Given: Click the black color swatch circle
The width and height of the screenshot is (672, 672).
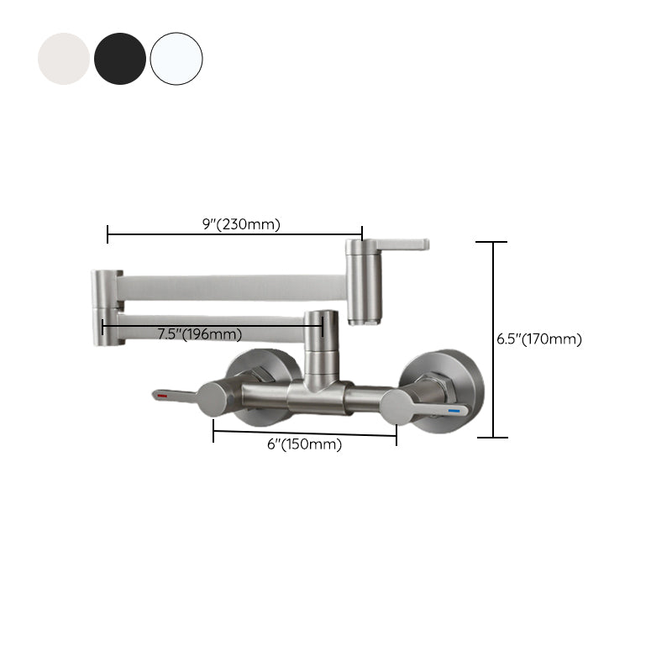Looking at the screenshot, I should [x=120, y=59].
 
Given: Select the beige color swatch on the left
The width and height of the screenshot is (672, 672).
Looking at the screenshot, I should [x=64, y=59].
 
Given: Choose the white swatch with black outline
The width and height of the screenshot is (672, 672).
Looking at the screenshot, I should [x=176, y=59].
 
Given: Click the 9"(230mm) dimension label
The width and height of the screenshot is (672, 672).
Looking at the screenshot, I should [x=241, y=223].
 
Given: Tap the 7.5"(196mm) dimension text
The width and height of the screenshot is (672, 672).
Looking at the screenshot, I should [x=199, y=334].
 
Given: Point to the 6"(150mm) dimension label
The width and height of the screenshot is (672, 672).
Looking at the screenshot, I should [x=304, y=445].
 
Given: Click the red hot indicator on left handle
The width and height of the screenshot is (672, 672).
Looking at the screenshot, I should [x=162, y=393].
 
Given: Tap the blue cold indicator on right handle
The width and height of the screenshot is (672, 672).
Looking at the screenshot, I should [x=458, y=411].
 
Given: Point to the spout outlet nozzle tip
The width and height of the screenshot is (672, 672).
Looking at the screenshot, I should [x=362, y=322].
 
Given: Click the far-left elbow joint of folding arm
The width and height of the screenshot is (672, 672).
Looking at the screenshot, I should [x=107, y=307].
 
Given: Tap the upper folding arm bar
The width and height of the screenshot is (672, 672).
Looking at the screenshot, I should [x=231, y=286].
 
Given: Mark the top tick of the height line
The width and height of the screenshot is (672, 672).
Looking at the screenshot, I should [x=492, y=242].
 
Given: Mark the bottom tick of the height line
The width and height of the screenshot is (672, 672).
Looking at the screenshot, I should [x=492, y=438].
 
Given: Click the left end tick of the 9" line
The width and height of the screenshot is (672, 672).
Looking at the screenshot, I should [x=108, y=234].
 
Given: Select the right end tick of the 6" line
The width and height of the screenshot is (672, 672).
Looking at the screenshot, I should [x=396, y=435].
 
